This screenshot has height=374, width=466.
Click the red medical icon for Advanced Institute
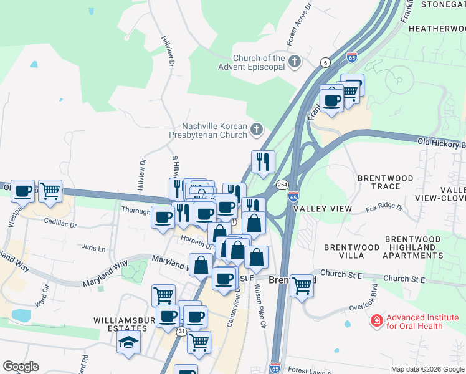pyautogui.click(x=376, y=321)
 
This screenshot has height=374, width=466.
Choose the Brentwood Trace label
pyautogui.click(x=386, y=183)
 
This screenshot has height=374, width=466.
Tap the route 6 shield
pyautogui.click(x=325, y=62)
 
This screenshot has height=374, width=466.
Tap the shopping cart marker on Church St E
pyautogui.click(x=302, y=285)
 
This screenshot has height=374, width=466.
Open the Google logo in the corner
pyautogui.click(x=21, y=367)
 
